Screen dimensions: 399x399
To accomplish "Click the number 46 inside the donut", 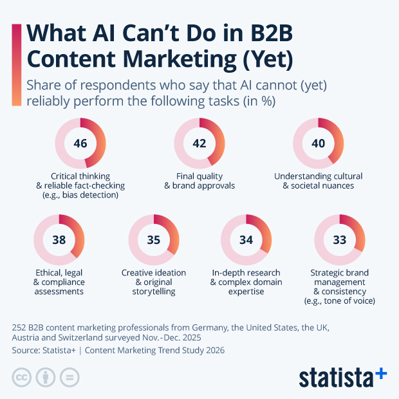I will (x=80, y=143).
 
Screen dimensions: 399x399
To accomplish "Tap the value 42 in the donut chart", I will (x=199, y=143).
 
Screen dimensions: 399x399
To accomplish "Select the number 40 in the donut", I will (x=319, y=143).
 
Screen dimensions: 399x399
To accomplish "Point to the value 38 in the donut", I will (x=59, y=239).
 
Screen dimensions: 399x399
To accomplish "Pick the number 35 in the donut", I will (x=153, y=239).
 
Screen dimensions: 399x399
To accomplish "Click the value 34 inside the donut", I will (x=246, y=239).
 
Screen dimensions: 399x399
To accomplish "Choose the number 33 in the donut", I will (x=339, y=239).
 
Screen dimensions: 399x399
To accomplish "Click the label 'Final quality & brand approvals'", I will (x=199, y=181).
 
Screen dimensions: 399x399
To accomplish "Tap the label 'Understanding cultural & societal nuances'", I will (x=319, y=181).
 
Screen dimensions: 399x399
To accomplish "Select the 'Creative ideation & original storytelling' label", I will (x=153, y=282).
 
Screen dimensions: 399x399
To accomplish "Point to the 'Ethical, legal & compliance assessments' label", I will (x=59, y=282).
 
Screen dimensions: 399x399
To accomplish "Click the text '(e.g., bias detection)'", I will (x=80, y=195).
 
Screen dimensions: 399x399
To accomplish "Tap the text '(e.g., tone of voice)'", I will (x=339, y=301).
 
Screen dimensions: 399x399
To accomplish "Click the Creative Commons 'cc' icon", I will (x=22, y=378).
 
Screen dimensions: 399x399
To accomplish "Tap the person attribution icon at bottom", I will (x=45, y=378).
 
